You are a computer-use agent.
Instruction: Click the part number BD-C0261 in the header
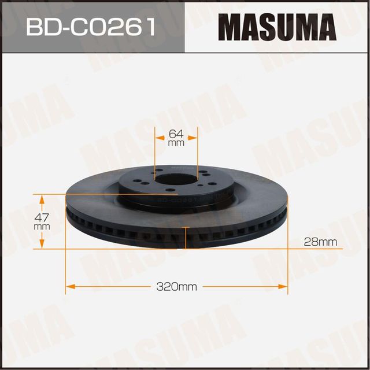point(92,26)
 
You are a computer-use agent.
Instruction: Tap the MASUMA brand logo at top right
point(277,27)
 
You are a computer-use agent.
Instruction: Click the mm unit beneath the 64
point(176,142)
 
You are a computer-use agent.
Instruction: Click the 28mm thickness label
point(320,242)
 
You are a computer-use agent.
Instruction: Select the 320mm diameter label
point(176,286)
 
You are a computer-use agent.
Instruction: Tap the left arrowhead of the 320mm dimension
point(69,286)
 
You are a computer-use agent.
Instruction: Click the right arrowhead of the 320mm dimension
point(284,286)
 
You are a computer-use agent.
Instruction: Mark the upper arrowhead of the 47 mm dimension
point(42,199)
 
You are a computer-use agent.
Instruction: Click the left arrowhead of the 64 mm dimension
point(158,138)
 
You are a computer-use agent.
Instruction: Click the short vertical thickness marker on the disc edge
point(185,236)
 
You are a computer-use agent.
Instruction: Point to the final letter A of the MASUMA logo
point(325,27)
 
